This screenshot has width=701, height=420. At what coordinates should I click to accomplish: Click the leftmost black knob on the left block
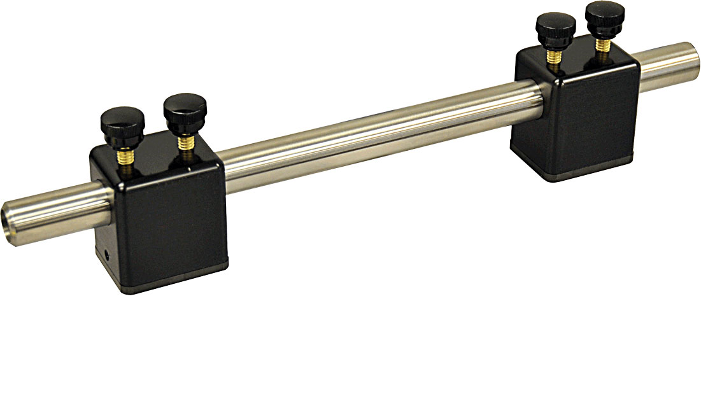click(x=123, y=120)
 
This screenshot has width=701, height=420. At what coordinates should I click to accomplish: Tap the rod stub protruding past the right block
click(x=669, y=64)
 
